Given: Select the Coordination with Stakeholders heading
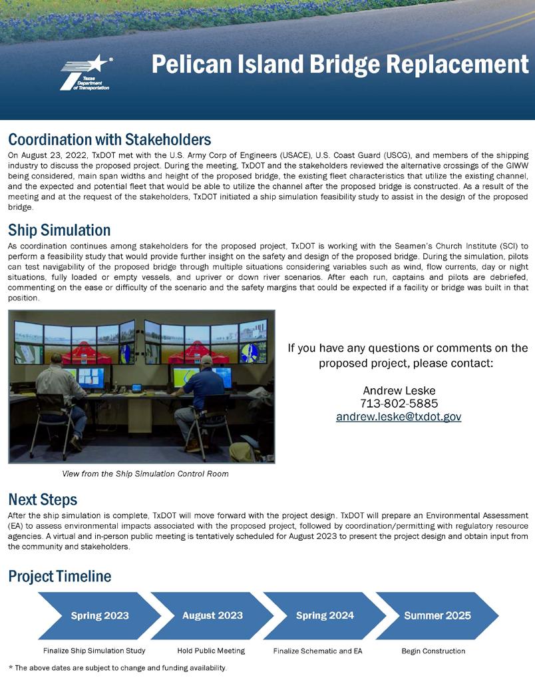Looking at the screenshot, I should pyautogui.click(x=109, y=139).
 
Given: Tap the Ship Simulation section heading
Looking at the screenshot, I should pyautogui.click(x=59, y=230).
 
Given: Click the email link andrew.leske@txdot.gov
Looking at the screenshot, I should pyautogui.click(x=398, y=417).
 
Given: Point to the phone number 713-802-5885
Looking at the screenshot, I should pyautogui.click(x=399, y=404).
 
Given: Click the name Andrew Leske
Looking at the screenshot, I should pyautogui.click(x=399, y=390).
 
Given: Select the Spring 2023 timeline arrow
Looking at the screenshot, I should pyautogui.click(x=99, y=615).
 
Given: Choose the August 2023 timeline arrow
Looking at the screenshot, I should pyautogui.click(x=212, y=615).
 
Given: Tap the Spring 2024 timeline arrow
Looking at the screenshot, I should pyautogui.click(x=325, y=615).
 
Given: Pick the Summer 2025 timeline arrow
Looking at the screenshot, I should pyautogui.click(x=437, y=615).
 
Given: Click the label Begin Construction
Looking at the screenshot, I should pyautogui.click(x=433, y=651).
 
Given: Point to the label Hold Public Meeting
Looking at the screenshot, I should pyautogui.click(x=211, y=651).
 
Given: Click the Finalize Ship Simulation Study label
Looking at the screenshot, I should pyautogui.click(x=94, y=651).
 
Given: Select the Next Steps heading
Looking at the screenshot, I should pyautogui.click(x=43, y=500).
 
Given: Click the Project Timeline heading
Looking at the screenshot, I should pyautogui.click(x=59, y=576).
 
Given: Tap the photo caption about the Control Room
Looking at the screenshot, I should pyautogui.click(x=145, y=474).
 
